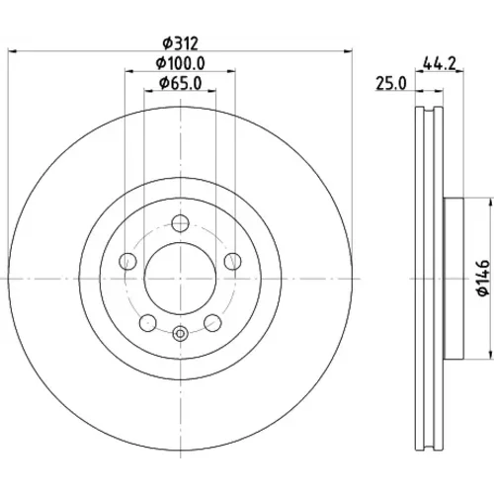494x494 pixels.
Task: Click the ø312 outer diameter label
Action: tap(181, 43)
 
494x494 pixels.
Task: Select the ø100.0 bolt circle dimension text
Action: tap(181, 63)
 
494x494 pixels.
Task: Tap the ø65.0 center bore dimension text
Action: tap(181, 83)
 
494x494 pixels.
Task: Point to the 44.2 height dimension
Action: tap(440, 63)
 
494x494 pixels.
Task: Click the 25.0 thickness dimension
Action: tap(391, 84)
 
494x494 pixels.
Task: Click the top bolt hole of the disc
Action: tap(180, 223)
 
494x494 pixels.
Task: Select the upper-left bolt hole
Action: tap(127, 261)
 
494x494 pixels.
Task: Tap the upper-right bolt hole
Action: tap(233, 261)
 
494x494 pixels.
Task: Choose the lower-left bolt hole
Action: tap(148, 323)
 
